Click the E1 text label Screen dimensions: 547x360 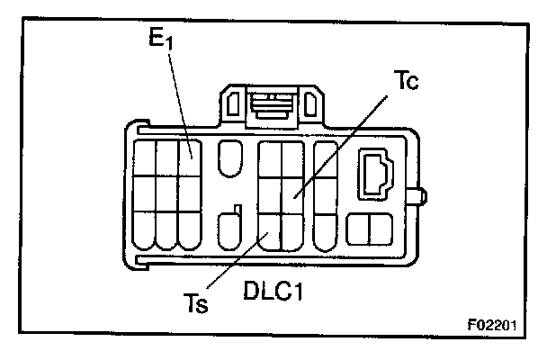[x=162, y=40]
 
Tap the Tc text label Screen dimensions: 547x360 [x=407, y=79]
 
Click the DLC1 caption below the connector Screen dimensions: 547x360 [x=274, y=292]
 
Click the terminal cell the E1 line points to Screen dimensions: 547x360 [x=188, y=154]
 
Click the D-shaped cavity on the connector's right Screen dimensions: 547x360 [x=375, y=173]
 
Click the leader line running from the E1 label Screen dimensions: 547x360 [x=178, y=99]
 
